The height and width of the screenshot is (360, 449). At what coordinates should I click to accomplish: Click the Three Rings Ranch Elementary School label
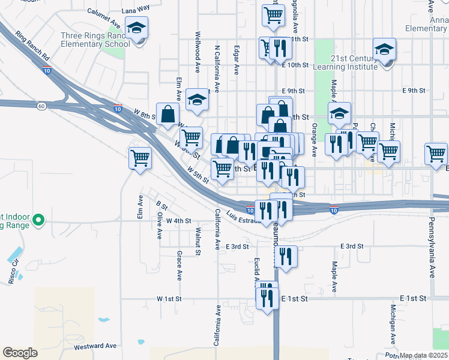[x=95, y=40]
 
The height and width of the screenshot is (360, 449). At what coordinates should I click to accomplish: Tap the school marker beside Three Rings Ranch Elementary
[x=136, y=28]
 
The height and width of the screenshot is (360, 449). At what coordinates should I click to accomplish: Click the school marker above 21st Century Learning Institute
[x=384, y=50]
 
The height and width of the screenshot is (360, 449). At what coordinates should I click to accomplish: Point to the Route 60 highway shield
[x=41, y=106]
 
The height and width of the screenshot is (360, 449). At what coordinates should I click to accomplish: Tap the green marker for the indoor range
[x=39, y=220]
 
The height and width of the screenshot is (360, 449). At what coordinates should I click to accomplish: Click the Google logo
[x=20, y=353]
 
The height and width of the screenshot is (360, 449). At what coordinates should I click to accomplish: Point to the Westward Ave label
[x=95, y=346]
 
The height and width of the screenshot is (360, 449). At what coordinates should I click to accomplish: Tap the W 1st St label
[x=169, y=298]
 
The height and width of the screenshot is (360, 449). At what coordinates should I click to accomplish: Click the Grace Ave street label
[x=179, y=265]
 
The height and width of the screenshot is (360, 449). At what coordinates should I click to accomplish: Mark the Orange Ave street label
[x=314, y=140]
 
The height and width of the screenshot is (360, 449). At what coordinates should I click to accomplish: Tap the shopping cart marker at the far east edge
[x=436, y=153]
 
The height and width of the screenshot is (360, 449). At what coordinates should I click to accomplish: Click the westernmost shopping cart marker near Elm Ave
[x=140, y=158]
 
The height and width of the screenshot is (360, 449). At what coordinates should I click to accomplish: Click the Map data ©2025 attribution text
[x=423, y=355]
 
